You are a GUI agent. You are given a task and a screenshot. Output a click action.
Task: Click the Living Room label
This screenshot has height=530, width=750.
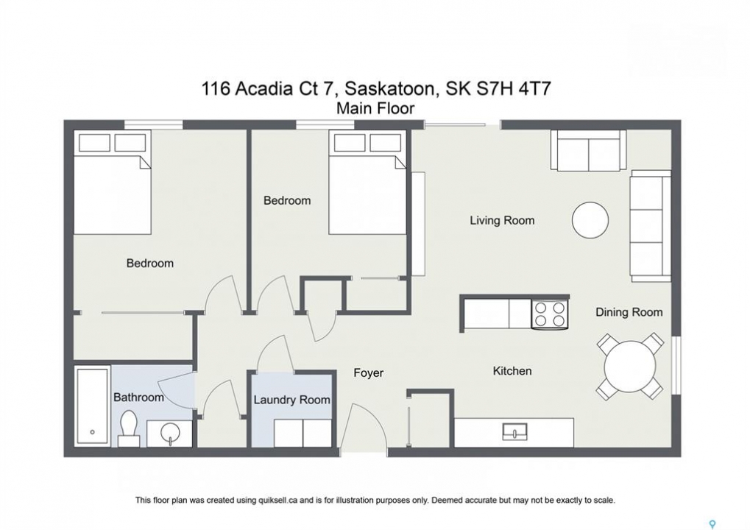[x=502, y=221]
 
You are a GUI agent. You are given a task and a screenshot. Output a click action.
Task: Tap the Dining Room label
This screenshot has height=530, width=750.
[x=629, y=312]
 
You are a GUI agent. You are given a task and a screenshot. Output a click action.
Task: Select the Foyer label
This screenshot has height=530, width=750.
[x=368, y=373]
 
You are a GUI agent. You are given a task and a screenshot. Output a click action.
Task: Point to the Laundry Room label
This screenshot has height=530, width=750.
[x=291, y=400]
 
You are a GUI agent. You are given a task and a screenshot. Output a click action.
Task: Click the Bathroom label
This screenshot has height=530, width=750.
[x=138, y=397]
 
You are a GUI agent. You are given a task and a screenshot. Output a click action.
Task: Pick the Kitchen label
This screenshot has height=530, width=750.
[x=512, y=371]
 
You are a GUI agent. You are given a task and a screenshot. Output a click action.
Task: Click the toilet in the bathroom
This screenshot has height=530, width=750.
[x=129, y=428]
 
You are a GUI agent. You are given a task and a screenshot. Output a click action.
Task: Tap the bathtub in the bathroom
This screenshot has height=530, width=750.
[x=92, y=406]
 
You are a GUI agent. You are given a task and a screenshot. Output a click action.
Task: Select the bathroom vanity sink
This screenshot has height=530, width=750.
[x=169, y=434]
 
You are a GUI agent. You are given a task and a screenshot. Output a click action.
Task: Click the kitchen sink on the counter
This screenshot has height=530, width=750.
[x=514, y=432]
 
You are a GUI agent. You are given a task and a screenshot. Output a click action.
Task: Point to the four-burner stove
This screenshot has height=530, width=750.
[x=550, y=314]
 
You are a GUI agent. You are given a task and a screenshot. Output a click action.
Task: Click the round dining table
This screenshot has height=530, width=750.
[x=629, y=367]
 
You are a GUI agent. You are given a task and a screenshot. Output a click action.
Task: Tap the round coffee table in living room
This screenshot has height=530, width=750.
[x=590, y=221]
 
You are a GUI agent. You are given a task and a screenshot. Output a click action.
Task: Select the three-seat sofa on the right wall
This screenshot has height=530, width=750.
[x=651, y=226]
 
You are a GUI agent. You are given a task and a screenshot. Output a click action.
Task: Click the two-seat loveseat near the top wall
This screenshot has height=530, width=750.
[x=588, y=149]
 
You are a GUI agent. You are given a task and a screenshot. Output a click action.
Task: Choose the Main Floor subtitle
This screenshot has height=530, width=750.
[x=375, y=109]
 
